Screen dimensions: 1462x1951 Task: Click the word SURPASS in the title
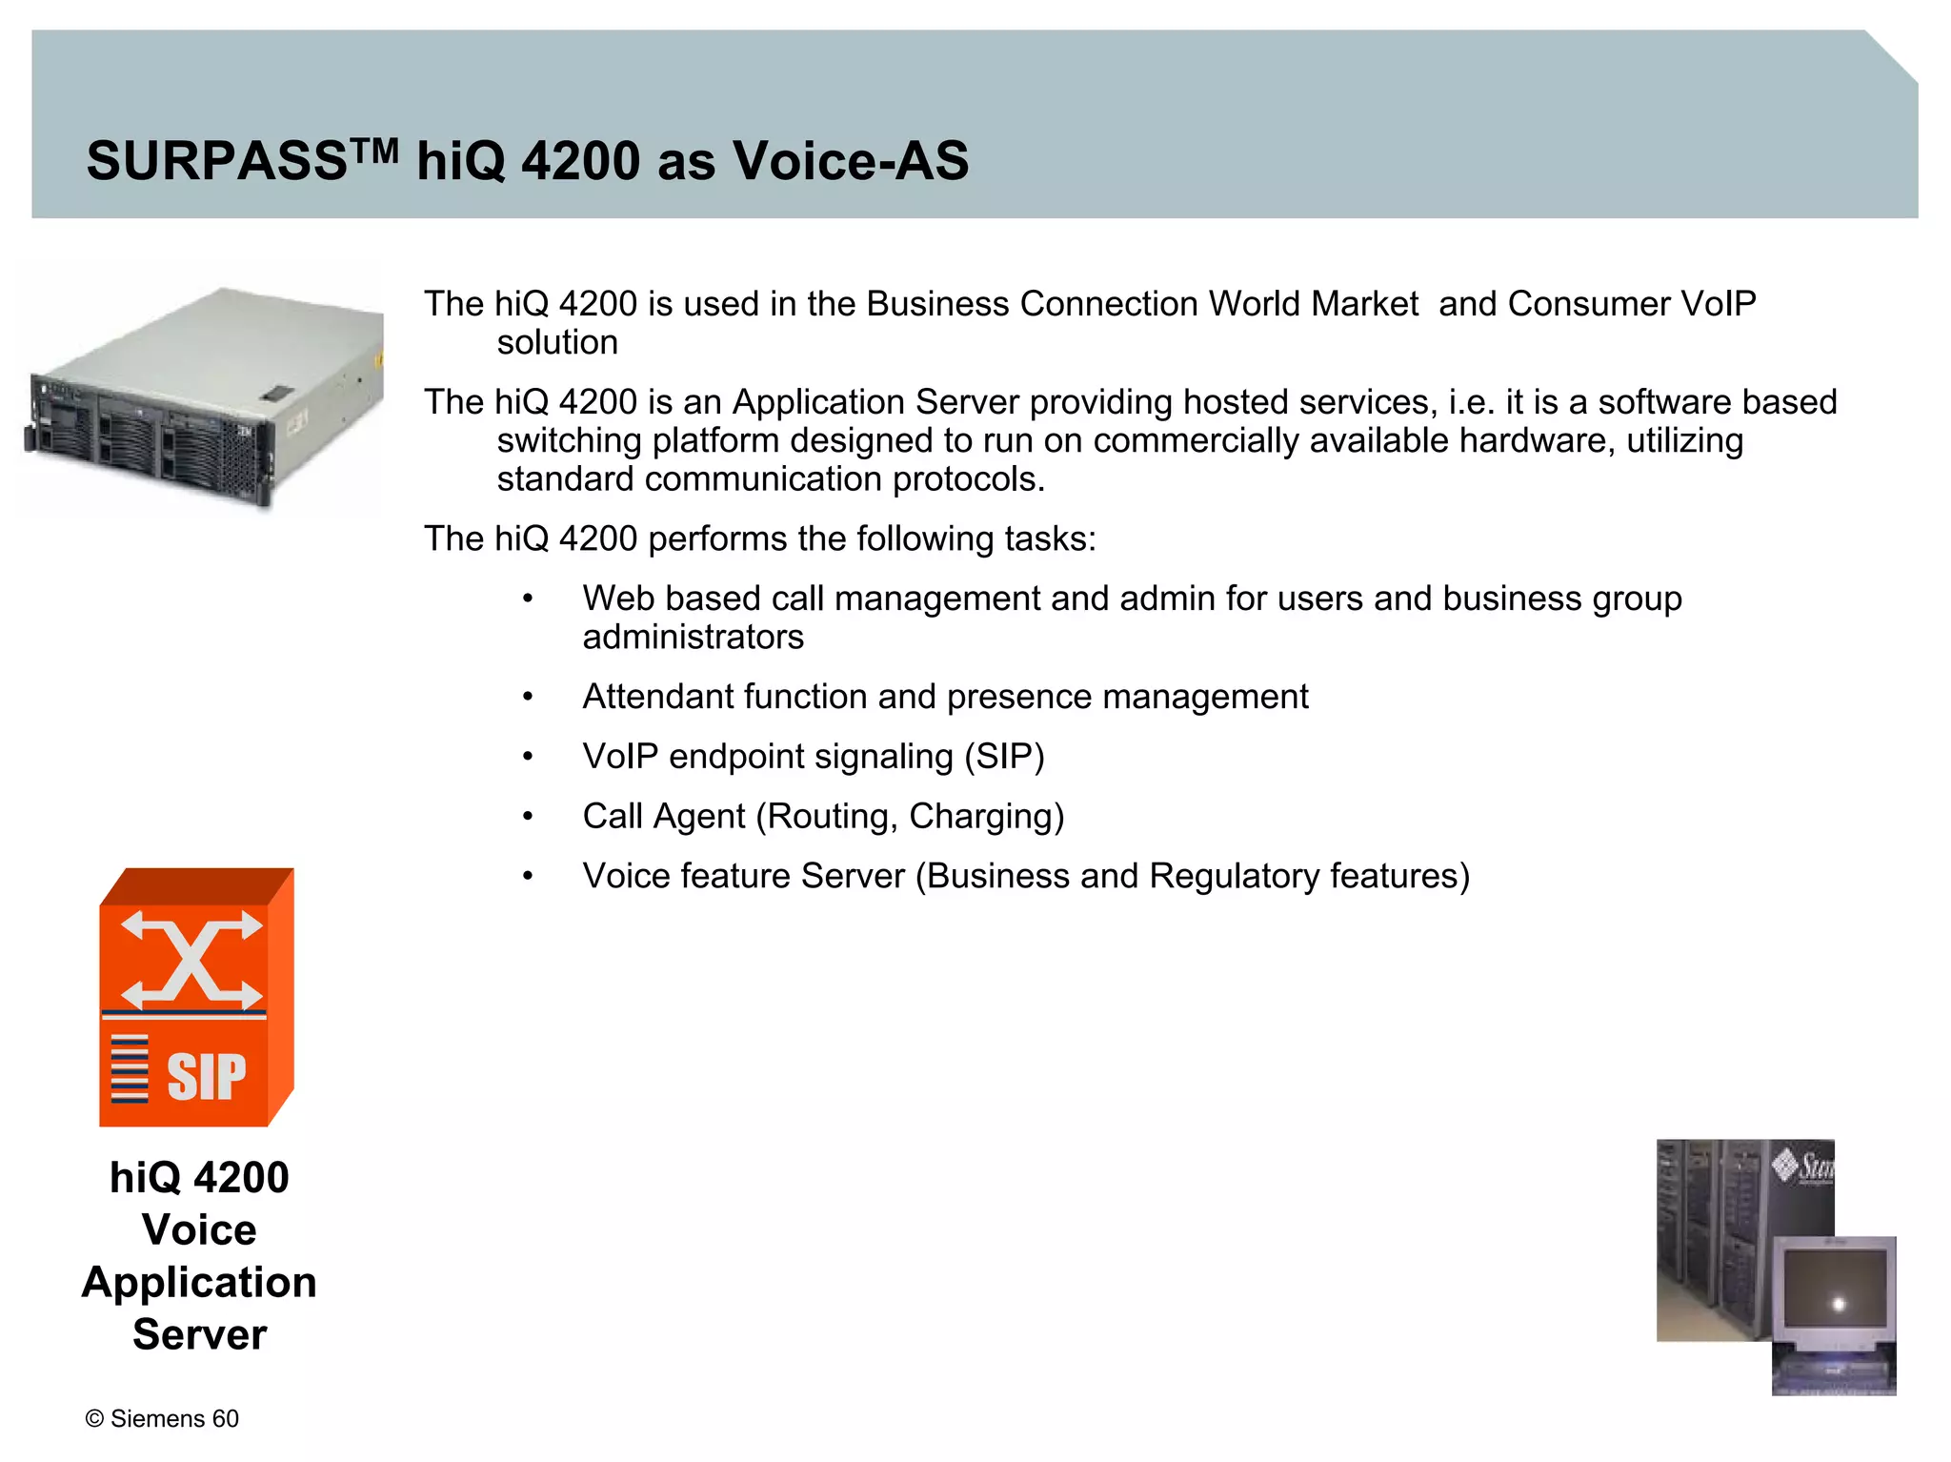tap(216, 160)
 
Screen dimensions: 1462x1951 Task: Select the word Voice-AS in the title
tap(850, 160)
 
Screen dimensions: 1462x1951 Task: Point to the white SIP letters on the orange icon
tap(206, 1077)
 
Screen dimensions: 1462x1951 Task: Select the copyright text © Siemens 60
tap(162, 1418)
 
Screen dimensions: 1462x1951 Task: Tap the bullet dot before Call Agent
tap(528, 817)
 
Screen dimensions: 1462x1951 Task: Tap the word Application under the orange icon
tap(199, 1283)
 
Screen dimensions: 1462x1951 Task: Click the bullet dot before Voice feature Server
tap(528, 877)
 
